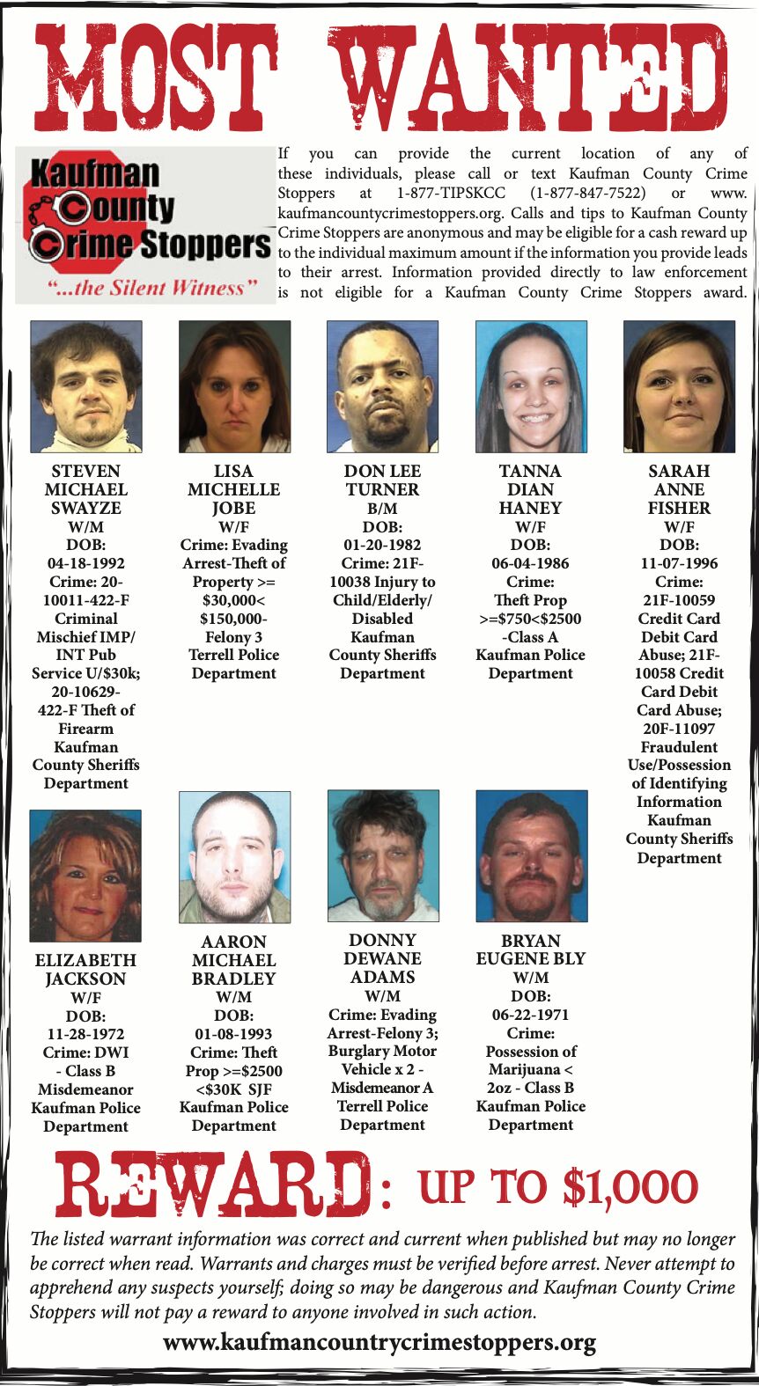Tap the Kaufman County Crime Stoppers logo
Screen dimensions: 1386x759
[x=146, y=224]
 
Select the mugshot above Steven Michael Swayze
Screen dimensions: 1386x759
[x=86, y=386]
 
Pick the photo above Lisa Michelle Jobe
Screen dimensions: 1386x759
[x=234, y=386]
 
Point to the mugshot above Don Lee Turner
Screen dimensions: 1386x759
[x=382, y=386]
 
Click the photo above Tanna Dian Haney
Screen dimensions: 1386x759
[x=531, y=386]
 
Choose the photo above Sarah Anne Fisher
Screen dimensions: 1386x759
[x=679, y=386]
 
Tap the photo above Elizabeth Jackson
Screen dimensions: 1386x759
[x=85, y=876]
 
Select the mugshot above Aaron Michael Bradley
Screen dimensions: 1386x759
[x=234, y=856]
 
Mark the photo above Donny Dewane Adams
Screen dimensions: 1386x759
[x=383, y=855]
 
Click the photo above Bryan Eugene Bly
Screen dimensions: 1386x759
[x=531, y=855]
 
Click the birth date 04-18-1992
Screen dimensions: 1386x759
[x=86, y=563]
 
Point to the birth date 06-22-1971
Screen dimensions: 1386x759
[x=531, y=1015]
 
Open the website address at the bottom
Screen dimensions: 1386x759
[x=379, y=1343]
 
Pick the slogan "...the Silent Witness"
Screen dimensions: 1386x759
[x=146, y=288]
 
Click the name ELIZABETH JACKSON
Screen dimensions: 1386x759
[x=86, y=970]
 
